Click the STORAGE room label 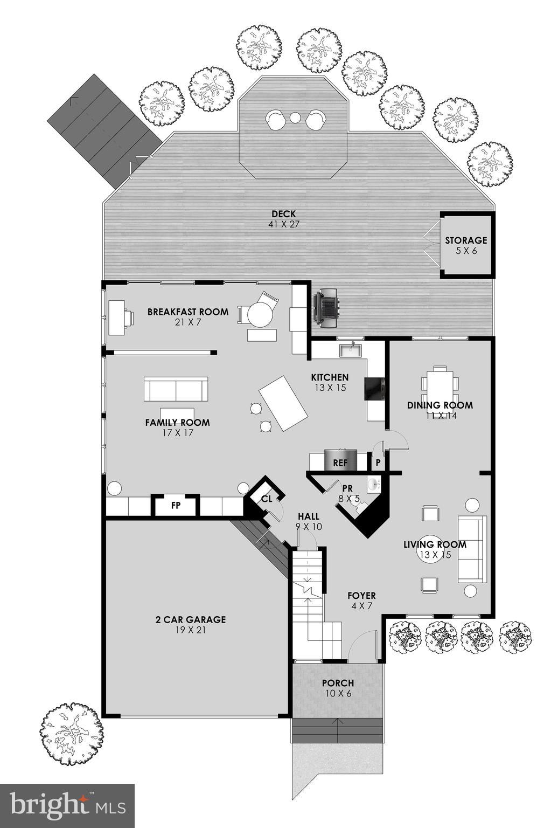pos(465,240)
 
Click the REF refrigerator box pos(340,461)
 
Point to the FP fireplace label pos(175,506)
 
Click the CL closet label pos(267,499)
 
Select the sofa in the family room pos(176,389)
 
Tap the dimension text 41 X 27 pos(283,224)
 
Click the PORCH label pos(338,683)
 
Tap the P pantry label pos(378,463)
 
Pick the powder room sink pos(374,484)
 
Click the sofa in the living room pos(472,549)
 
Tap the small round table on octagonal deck pos(295,118)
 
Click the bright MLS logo pos(67,805)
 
